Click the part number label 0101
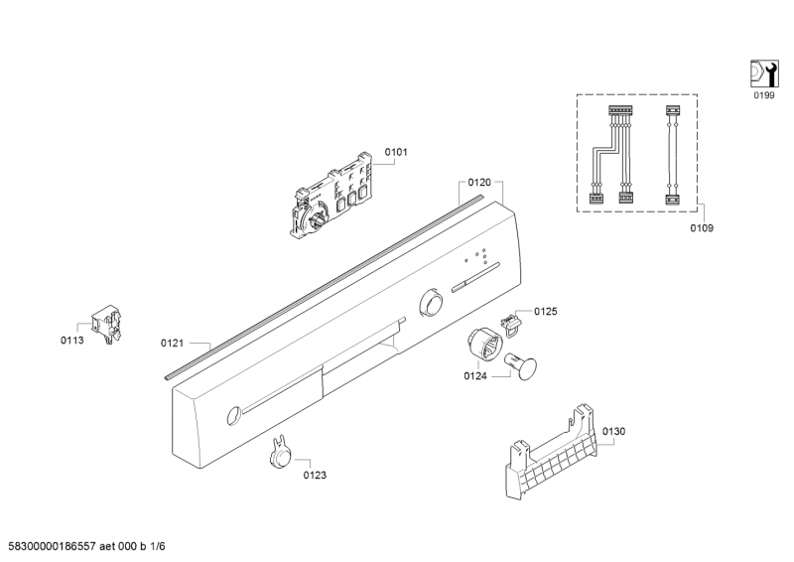[x=396, y=152]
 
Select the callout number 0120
[x=479, y=183]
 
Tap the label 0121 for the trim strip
[x=172, y=343]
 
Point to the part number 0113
[x=71, y=342]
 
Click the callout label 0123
[x=316, y=475]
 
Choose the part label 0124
[x=475, y=376]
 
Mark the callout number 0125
[x=546, y=312]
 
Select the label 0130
[x=613, y=431]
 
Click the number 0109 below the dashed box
[x=702, y=227]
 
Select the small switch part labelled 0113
[x=104, y=322]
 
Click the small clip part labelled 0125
[x=511, y=320]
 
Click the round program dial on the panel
[x=433, y=301]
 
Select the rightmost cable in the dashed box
[x=672, y=156]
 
